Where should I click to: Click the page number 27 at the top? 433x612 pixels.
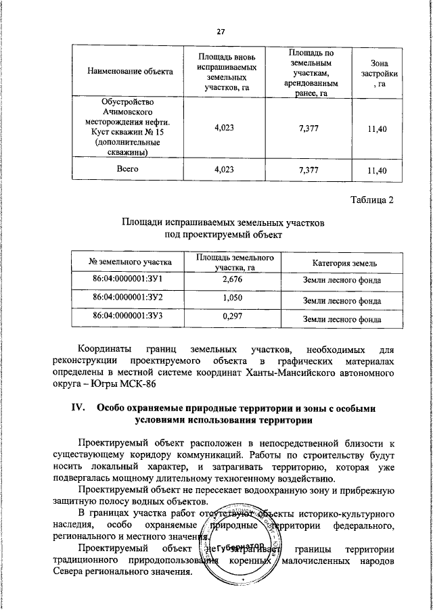click(221, 32)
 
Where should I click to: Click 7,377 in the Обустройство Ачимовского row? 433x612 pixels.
click(309, 128)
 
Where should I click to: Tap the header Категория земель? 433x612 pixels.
click(340, 262)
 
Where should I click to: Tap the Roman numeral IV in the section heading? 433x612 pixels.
click(77, 408)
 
